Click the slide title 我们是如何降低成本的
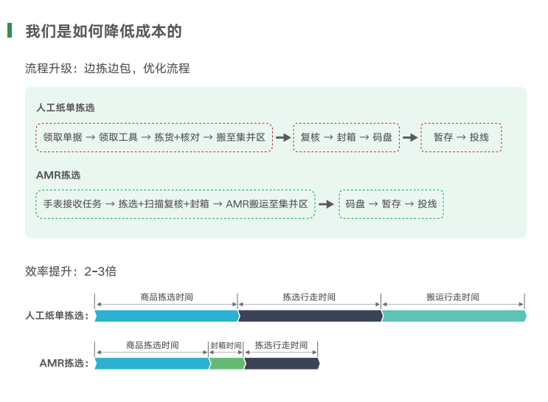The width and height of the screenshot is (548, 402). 103,31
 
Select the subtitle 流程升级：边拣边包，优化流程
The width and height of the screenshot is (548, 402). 108,69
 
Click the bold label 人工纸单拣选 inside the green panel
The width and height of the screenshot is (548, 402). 66,108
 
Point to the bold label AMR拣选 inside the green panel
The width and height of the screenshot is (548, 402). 58,176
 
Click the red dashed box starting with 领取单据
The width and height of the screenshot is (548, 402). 154,137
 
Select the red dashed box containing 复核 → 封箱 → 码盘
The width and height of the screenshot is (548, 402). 346,137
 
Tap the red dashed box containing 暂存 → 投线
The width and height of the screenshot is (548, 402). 461,137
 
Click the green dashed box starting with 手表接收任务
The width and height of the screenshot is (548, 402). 176,204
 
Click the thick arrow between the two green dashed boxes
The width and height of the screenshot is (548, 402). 326,204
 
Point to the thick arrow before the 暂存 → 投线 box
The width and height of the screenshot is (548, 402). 410,138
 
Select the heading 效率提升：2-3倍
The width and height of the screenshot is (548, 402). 71,271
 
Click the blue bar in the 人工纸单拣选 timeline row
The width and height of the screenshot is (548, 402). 167,316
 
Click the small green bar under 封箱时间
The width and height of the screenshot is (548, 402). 226,363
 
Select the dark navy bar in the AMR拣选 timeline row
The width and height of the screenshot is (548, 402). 281,363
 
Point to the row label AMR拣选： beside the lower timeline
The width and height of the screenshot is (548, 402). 64,363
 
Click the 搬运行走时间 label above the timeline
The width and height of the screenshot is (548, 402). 453,297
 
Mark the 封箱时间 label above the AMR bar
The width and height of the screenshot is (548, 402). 226,345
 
